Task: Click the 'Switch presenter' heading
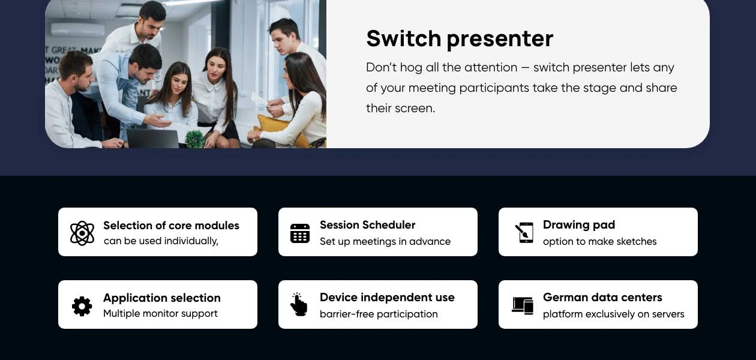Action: point(460,39)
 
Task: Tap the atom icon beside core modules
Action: point(82,233)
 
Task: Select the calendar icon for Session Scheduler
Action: point(300,233)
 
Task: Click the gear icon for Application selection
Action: point(82,306)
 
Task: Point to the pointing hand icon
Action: point(299,304)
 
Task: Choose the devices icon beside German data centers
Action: point(523,305)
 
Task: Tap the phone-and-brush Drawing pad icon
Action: point(524,232)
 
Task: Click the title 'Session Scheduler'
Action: point(368,225)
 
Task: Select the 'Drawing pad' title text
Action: point(579,225)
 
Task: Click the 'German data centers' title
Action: point(602,297)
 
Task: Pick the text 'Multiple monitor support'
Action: point(160,313)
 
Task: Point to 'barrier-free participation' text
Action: point(379,314)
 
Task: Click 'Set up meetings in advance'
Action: point(385,242)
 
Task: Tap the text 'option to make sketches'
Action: point(600,242)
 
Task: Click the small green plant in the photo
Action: point(195,139)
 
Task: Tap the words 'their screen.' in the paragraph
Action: point(401,109)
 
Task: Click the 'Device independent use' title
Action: point(387,298)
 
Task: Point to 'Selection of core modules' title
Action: point(171,226)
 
